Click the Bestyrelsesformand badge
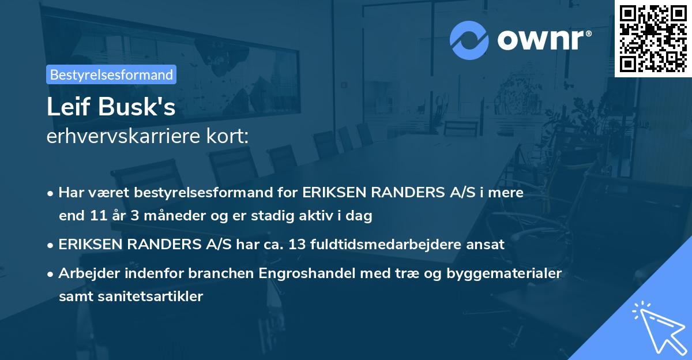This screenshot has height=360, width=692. pos(111,74)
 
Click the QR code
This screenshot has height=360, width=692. pos(653,39)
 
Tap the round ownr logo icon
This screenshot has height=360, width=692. pos(469,40)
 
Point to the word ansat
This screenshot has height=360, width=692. pos(488,244)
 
